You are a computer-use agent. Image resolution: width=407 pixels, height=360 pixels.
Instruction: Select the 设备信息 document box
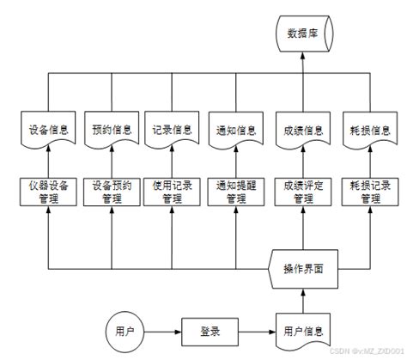click(49, 131)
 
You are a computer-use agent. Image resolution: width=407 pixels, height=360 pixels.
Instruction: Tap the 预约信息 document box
click(110, 131)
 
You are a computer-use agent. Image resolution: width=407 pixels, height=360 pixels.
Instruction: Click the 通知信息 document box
click(235, 131)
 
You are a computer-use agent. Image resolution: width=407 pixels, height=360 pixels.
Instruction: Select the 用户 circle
click(125, 329)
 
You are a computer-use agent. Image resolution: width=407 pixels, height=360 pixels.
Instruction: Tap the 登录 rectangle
click(210, 329)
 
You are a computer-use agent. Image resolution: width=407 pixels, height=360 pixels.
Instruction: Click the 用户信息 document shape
click(301, 329)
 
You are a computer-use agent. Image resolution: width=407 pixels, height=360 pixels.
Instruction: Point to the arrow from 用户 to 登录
click(163, 329)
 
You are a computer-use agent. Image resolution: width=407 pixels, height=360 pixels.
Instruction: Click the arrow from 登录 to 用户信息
click(255, 329)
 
